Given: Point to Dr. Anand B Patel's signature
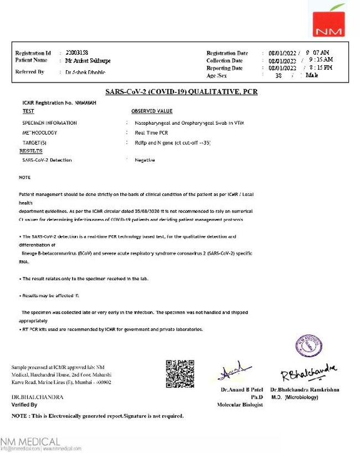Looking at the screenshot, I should [x=235, y=373].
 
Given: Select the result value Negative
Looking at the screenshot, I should [x=145, y=160].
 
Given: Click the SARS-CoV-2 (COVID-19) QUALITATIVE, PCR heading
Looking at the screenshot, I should [x=181, y=92].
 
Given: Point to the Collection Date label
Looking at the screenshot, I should [x=224, y=60].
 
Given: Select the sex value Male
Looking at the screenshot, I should [x=312, y=75].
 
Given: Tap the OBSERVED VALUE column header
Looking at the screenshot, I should [x=152, y=111].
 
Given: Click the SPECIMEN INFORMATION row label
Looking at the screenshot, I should [x=49, y=122].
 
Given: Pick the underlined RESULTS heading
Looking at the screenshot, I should [x=31, y=151].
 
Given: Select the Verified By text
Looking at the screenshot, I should [x=24, y=405].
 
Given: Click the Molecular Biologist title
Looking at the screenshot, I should [x=240, y=405].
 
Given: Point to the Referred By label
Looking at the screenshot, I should [x=30, y=72].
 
